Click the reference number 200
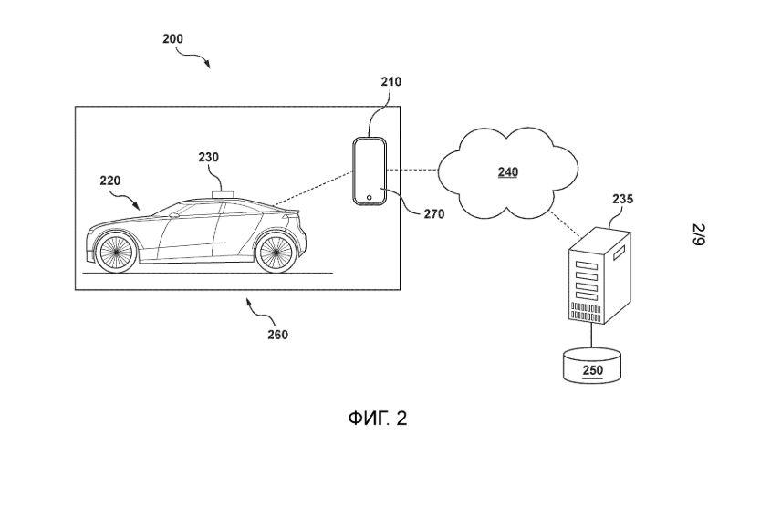pos(172,39)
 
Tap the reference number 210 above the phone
pos(390,82)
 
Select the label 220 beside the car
pos(109,181)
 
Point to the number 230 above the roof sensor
pos(208,157)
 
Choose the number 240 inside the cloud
pos(508,171)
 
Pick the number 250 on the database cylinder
pos(592,370)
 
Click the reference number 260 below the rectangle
pos(277,335)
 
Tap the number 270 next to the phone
pos(434,215)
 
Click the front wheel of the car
pos(116,252)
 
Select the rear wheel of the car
pos(275,253)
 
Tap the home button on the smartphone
pos(369,196)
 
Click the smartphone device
pos(370,171)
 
